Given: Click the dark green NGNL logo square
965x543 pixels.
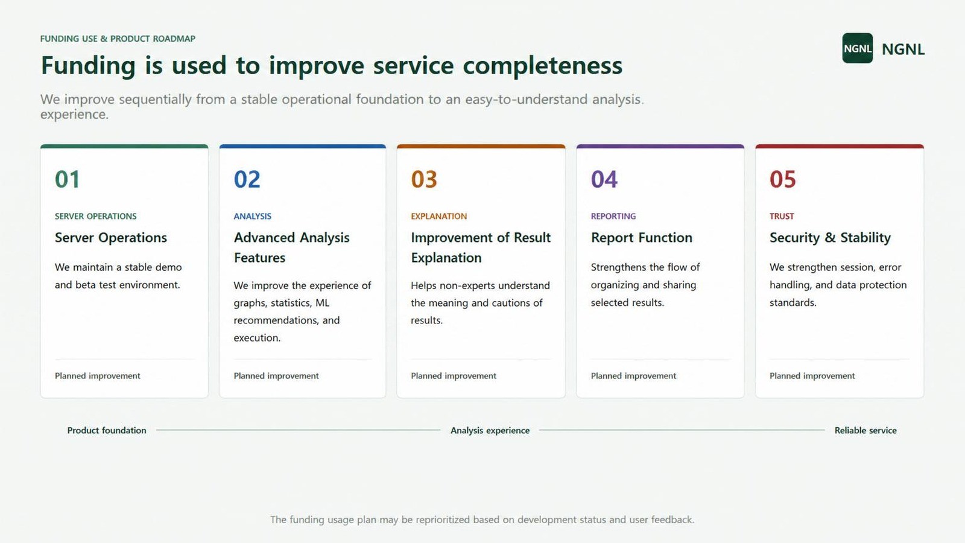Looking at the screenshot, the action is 857,48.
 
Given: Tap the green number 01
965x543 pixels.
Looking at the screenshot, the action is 67,179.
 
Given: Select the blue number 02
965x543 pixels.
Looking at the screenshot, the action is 247,179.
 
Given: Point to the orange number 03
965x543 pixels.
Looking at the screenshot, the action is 424,179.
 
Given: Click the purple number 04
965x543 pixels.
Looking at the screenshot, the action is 604,179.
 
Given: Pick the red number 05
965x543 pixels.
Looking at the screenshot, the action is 783,179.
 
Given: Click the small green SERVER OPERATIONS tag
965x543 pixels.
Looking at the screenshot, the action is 96,217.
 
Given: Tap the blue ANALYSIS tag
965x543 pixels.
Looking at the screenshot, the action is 253,217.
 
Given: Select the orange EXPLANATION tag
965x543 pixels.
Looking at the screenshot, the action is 438,217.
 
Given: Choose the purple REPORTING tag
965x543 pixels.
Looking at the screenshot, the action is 613,217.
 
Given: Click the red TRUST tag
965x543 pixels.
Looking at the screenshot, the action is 782,217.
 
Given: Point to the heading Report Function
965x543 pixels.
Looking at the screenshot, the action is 642,238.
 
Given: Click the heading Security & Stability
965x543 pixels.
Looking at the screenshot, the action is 830,238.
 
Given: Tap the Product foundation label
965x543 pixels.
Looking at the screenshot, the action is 107,430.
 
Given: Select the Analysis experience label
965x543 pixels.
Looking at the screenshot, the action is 490,431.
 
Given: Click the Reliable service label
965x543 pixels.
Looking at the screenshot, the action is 865,430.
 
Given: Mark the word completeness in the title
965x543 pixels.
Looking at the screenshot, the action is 543,66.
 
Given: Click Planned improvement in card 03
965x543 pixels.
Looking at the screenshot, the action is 454,376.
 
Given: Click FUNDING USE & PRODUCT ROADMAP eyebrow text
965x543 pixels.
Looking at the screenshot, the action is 118,39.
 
